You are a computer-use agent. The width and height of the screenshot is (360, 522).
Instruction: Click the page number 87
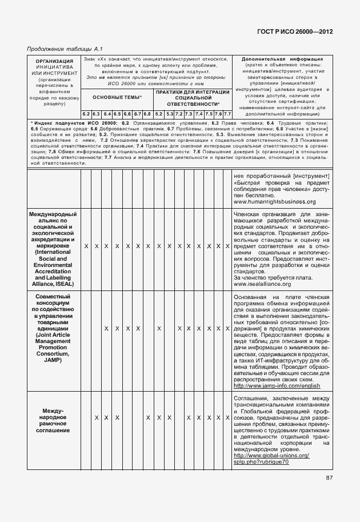click(x=330, y=478)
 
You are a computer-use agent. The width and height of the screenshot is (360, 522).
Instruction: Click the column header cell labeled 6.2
click(x=86, y=114)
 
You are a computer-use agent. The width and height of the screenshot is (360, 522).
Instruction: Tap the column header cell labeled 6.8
click(x=147, y=114)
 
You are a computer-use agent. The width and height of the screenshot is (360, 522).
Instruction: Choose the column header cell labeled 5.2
click(x=159, y=114)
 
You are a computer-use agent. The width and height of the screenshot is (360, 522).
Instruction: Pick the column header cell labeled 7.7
click(x=227, y=114)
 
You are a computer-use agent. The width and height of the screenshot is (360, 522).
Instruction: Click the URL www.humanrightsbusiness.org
click(x=274, y=202)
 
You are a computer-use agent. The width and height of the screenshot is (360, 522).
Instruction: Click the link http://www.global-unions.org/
click(x=271, y=455)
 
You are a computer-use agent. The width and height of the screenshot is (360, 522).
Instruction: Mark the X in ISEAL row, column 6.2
click(x=86, y=246)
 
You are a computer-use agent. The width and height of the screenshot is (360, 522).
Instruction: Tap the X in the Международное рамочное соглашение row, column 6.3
click(x=96, y=418)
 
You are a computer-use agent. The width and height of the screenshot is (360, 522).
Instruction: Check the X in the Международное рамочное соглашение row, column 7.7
click(x=227, y=418)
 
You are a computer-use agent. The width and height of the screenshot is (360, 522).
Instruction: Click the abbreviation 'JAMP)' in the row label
click(x=53, y=361)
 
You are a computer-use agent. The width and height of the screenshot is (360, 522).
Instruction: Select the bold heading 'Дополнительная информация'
click(x=282, y=59)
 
